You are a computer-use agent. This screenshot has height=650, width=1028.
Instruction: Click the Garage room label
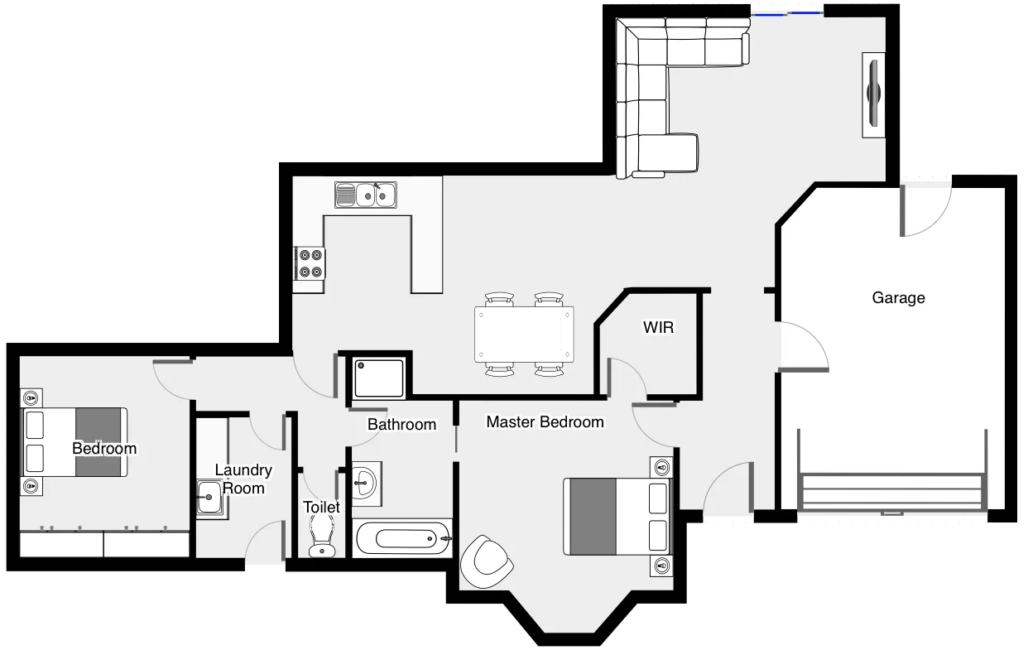(x=898, y=298)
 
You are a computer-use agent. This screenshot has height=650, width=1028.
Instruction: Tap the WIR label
(x=658, y=328)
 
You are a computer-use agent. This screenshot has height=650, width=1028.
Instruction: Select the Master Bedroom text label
(x=545, y=422)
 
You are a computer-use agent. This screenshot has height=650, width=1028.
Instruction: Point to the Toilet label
(x=321, y=507)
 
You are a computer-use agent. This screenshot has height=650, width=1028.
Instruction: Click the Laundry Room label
(x=243, y=479)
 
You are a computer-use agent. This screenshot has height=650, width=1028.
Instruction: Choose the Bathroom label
(x=401, y=425)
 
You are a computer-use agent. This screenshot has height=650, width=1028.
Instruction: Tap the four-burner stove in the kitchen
(x=310, y=263)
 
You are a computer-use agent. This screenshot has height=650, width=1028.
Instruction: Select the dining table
(x=524, y=335)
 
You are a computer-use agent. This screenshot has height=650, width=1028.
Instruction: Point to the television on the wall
(x=873, y=94)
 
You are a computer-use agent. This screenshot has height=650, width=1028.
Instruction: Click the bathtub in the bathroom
(x=402, y=539)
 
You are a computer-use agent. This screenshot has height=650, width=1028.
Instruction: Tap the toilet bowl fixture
(x=321, y=537)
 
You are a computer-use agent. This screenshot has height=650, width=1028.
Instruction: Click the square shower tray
(x=379, y=378)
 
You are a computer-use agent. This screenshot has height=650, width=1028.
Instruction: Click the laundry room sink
(x=209, y=500)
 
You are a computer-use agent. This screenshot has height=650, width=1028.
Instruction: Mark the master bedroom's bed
(x=617, y=516)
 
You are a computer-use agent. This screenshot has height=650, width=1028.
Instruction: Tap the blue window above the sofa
(x=786, y=13)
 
